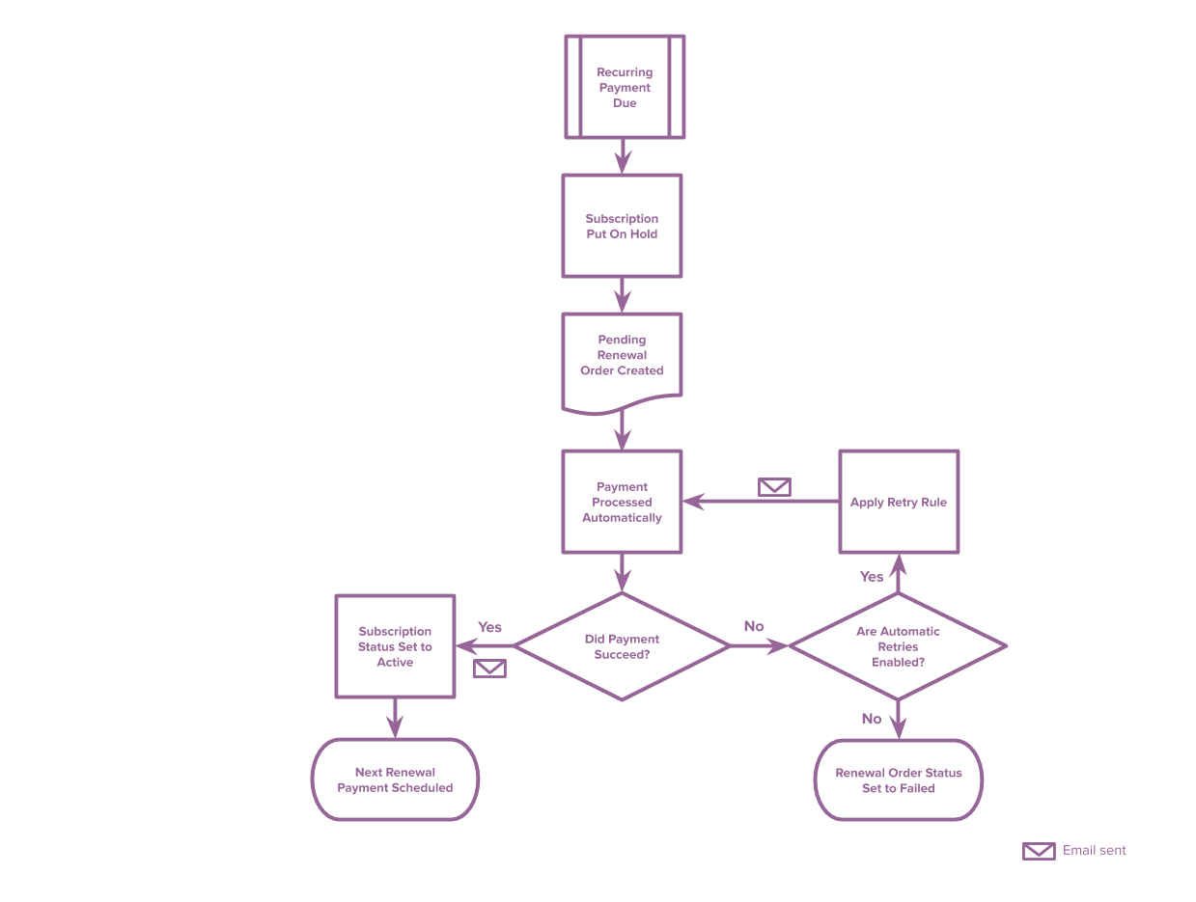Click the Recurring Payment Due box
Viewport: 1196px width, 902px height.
click(x=624, y=88)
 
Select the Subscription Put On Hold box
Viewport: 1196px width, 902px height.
click(x=622, y=227)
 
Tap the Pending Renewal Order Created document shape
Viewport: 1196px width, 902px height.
click(x=622, y=356)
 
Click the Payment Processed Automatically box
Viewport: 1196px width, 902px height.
click(x=622, y=503)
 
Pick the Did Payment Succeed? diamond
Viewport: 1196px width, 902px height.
click(x=622, y=646)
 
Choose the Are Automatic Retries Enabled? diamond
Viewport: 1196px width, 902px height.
click(x=898, y=646)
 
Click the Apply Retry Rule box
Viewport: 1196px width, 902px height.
click(x=898, y=503)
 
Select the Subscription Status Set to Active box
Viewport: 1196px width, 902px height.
click(x=395, y=647)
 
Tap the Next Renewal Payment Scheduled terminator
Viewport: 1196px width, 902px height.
click(x=395, y=780)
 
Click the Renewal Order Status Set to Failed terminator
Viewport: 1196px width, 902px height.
click(x=898, y=780)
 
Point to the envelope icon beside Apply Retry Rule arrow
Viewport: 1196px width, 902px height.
click(x=774, y=487)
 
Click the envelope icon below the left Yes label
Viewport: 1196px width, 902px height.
click(x=489, y=669)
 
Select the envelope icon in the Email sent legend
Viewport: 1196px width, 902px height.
click(x=1039, y=851)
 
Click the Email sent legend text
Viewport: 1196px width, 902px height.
click(x=1094, y=851)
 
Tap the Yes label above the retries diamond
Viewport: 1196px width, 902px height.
click(x=871, y=577)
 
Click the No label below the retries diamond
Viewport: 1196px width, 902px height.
click(x=871, y=719)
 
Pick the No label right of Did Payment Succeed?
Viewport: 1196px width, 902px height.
click(x=754, y=627)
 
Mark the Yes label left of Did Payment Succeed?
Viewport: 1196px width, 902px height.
click(x=489, y=628)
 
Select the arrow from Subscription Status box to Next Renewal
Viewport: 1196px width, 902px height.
click(x=395, y=718)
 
